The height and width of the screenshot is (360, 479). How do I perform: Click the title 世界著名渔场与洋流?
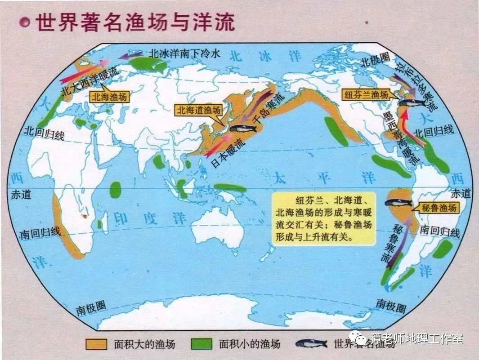click(x=135, y=22)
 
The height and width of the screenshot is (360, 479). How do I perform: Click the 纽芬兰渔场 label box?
click(x=366, y=95)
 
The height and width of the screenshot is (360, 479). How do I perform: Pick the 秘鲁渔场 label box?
click(x=439, y=208)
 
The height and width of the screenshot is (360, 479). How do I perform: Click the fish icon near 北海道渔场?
click(x=243, y=128)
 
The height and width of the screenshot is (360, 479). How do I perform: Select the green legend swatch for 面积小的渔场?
click(x=201, y=344)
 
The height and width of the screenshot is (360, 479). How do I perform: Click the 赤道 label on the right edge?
click(x=460, y=193)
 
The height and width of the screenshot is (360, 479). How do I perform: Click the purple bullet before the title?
click(x=26, y=22)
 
